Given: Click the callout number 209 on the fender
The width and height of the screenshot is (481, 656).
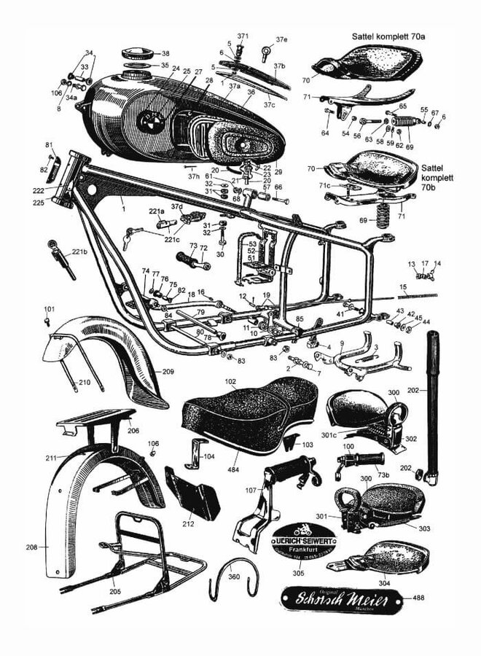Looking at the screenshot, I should [x=168, y=372].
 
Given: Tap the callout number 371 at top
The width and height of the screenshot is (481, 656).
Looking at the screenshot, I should [x=243, y=36].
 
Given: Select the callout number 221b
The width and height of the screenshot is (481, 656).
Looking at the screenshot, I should [x=80, y=252].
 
